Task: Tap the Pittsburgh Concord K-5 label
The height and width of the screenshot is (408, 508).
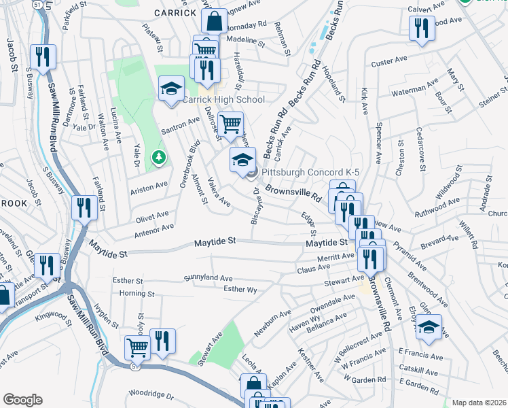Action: (x=310, y=173)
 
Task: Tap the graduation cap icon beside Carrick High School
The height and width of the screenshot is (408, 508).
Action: (x=172, y=88)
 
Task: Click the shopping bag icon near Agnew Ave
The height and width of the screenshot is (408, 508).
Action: (x=214, y=21)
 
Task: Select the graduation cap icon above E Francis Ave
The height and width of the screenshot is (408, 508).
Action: (x=428, y=327)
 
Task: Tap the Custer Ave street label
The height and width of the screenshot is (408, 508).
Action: (x=388, y=63)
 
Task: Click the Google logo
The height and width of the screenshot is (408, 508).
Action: (x=22, y=400)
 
